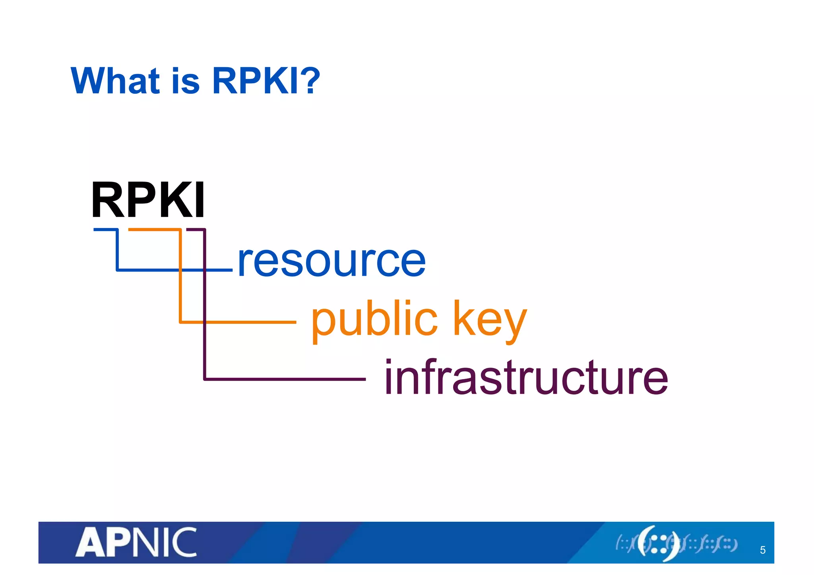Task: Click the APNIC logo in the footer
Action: pos(136,542)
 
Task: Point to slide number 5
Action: pos(762,550)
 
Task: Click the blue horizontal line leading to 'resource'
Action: pos(175,270)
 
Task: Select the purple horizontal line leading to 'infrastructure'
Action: pos(285,379)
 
